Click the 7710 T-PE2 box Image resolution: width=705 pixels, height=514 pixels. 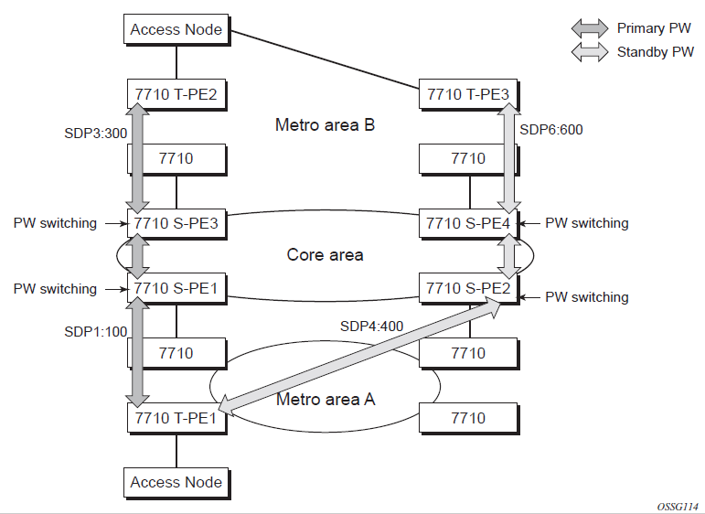(176, 92)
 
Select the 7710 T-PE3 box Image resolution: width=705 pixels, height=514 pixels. (468, 92)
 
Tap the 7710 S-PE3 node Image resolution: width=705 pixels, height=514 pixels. (176, 223)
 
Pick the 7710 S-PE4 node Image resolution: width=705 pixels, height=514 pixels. (468, 223)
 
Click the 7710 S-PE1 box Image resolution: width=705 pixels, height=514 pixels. (176, 288)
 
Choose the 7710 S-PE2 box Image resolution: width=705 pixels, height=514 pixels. (468, 288)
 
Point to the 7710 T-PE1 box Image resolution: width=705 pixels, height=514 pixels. (176, 418)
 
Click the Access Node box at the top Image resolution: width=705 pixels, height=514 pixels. (176, 29)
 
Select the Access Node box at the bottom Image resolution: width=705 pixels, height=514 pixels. (176, 482)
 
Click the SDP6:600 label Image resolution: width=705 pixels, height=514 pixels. (550, 130)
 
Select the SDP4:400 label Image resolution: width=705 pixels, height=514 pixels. (372, 326)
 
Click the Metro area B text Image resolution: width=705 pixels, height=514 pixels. (325, 124)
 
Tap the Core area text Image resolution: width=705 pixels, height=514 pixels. (325, 254)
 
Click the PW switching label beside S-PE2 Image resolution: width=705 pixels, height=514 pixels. (587, 297)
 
